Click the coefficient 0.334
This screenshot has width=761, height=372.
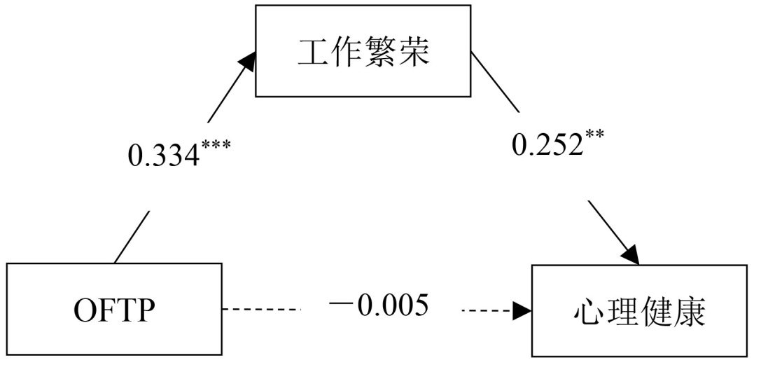point(164,155)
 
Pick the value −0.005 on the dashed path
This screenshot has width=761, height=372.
point(379,306)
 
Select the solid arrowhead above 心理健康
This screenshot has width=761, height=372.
point(629,254)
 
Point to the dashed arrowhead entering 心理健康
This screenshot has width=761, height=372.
point(522,308)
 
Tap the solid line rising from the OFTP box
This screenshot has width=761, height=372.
point(132,235)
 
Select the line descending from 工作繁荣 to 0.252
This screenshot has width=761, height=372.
point(494,83)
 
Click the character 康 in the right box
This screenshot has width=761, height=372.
point(690,313)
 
